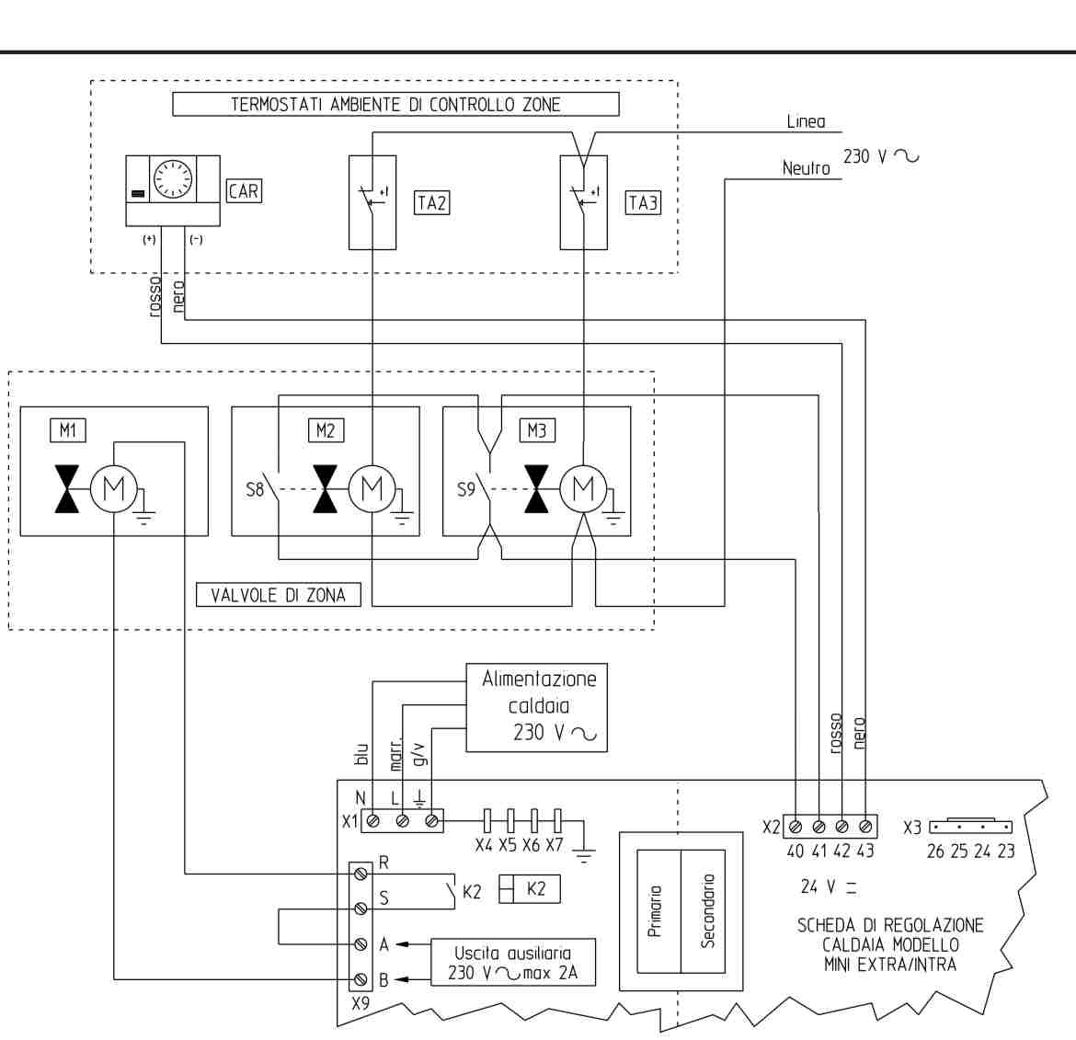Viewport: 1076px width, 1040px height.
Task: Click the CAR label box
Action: tap(244, 191)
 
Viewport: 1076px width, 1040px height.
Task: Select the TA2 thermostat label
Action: tap(432, 202)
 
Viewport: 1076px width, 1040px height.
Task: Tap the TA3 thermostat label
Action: tap(643, 202)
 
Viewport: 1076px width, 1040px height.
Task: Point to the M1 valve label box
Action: tap(66, 429)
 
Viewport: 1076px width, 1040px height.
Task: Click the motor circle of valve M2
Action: tap(372, 488)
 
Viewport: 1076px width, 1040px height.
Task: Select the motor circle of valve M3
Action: tap(583, 488)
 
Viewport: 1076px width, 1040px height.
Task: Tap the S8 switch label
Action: tap(254, 490)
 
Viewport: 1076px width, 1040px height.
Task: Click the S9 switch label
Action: tap(465, 490)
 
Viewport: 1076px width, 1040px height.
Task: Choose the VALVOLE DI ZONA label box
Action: tap(279, 595)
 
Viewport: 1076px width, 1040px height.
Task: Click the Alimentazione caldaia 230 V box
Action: tap(538, 706)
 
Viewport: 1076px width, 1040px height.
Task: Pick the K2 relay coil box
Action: tap(530, 889)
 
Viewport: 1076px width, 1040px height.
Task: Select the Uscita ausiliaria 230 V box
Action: tap(512, 963)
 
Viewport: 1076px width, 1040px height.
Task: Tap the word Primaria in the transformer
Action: tap(655, 911)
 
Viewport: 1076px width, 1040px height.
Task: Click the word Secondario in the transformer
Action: tap(707, 910)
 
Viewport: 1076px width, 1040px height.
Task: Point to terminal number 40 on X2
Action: tap(796, 851)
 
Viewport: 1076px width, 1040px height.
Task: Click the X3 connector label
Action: tap(911, 828)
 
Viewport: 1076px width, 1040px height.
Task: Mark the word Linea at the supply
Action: tap(806, 121)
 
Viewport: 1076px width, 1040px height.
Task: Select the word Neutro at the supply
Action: tap(806, 168)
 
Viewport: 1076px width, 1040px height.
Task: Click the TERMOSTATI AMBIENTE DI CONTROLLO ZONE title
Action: tap(395, 104)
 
